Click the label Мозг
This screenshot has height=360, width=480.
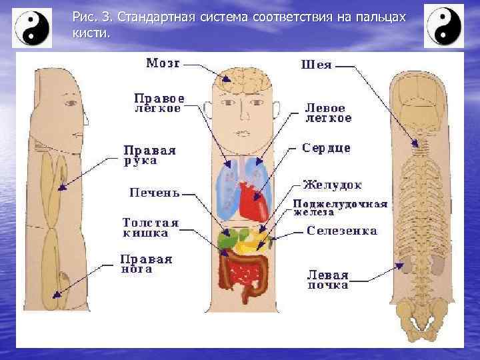point(163,64)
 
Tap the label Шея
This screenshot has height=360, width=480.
point(316,65)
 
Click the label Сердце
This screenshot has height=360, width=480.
point(326,147)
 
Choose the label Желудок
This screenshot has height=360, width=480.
point(332,184)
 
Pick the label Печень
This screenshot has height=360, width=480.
point(154,193)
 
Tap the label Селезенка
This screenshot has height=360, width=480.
point(342,231)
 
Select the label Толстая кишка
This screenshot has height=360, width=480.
point(151,227)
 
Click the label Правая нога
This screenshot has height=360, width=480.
point(145,264)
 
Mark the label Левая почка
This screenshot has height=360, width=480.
point(327,279)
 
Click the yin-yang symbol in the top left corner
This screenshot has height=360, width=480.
point(32,27)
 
